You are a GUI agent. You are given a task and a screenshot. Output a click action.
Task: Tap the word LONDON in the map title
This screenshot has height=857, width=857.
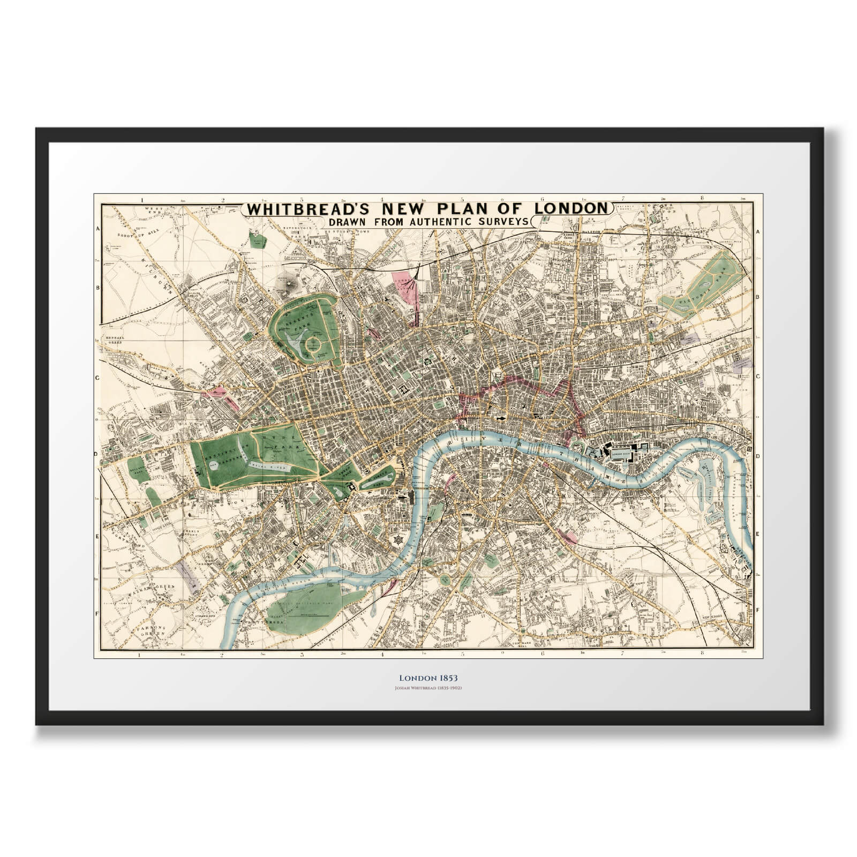[x=573, y=208]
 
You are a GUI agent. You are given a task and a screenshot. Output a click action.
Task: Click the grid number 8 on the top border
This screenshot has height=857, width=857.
[x=702, y=199]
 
